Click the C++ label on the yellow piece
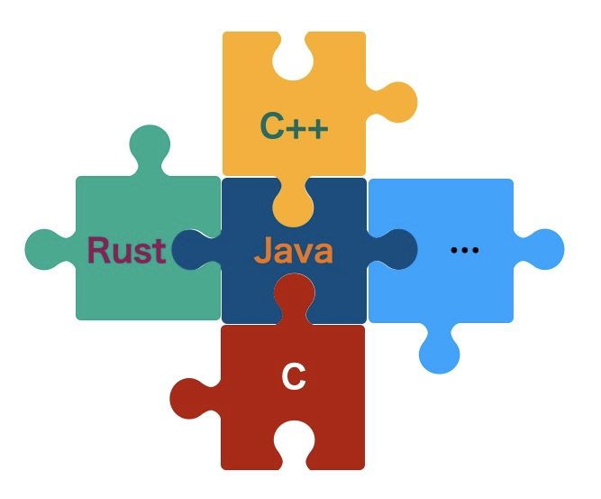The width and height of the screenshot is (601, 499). tap(294, 126)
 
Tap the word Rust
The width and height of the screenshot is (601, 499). tap(126, 250)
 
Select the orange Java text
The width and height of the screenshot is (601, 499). tap(294, 250)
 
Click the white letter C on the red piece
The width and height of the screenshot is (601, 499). tap(294, 377)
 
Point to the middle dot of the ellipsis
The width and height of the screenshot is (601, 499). tap(464, 250)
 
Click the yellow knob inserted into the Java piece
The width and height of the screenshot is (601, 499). tap(294, 204)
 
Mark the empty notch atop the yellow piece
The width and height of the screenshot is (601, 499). tap(294, 56)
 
